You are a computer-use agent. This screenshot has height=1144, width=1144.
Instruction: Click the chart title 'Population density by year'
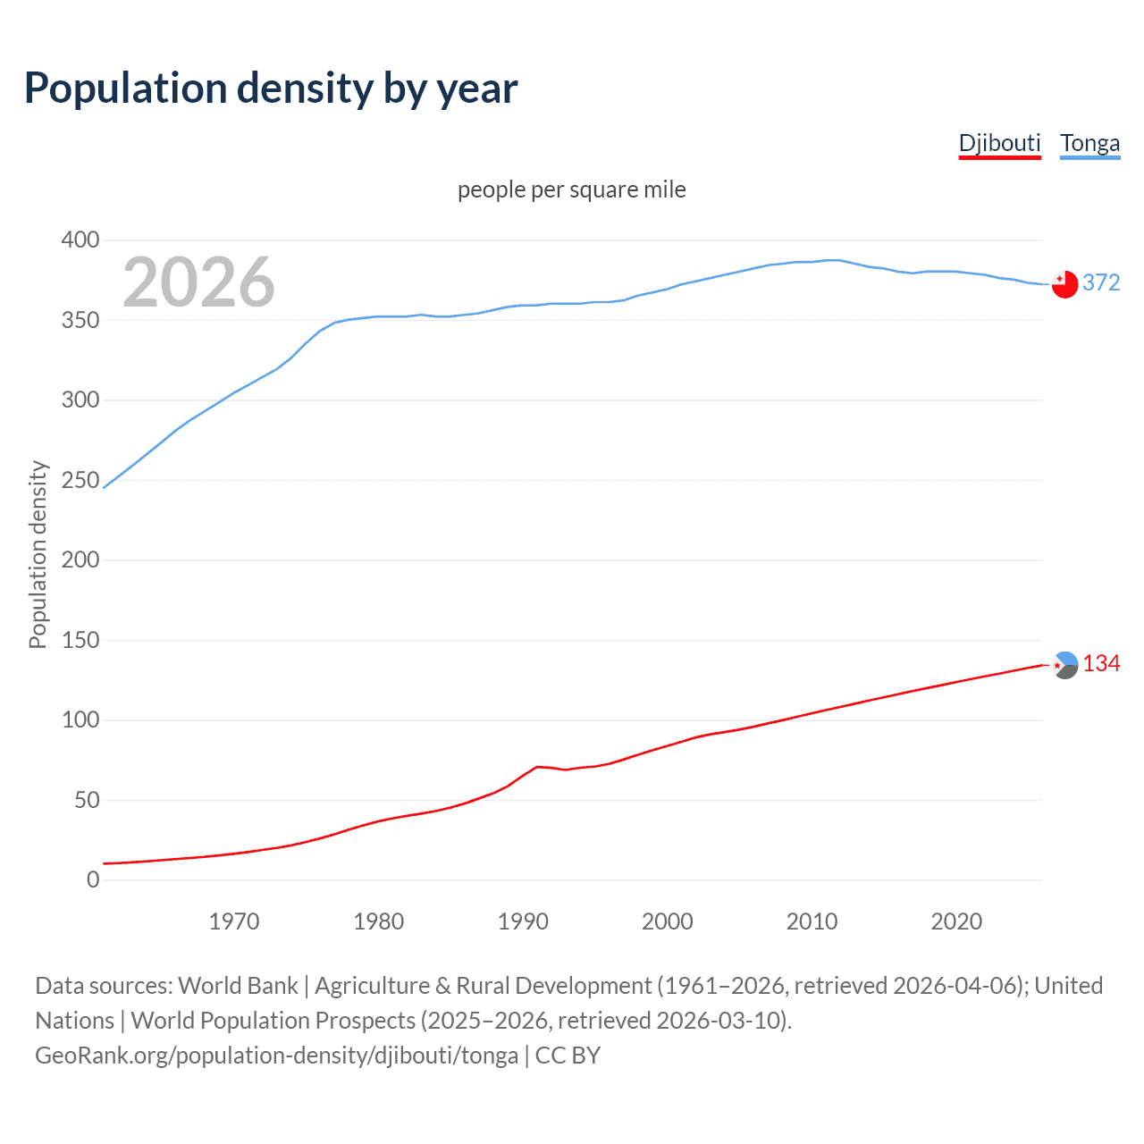click(x=271, y=88)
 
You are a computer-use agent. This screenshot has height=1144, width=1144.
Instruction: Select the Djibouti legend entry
click(x=999, y=143)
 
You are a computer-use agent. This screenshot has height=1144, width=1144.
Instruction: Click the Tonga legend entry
click(x=1089, y=143)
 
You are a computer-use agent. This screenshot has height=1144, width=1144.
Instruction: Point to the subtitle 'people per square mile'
click(x=571, y=189)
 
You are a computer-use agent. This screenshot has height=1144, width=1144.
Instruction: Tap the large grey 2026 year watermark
click(x=198, y=282)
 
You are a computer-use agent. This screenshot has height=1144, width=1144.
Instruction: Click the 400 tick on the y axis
click(x=80, y=240)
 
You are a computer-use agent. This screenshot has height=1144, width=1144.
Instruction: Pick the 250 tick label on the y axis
click(x=80, y=480)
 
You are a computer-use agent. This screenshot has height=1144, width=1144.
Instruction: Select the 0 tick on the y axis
click(x=93, y=879)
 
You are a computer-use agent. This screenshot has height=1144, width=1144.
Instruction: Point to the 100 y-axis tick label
click(x=80, y=719)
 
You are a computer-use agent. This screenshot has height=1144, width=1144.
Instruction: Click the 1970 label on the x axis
click(x=234, y=921)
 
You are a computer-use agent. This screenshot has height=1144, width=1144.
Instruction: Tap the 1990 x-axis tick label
click(x=523, y=921)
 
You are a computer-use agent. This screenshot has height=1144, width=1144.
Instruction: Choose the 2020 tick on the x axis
click(x=956, y=921)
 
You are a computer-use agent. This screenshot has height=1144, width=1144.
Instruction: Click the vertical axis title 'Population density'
click(x=38, y=554)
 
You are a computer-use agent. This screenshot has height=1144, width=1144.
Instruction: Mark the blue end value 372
click(x=1101, y=282)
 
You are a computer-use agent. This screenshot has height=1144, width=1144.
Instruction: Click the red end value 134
click(x=1101, y=663)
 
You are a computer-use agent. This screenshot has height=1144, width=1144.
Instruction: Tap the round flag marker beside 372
click(x=1064, y=284)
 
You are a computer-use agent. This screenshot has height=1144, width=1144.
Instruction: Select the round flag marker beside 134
click(x=1064, y=665)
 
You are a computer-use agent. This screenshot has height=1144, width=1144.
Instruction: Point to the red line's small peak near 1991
click(x=537, y=767)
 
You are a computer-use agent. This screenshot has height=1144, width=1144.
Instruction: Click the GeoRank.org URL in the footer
click(x=276, y=1056)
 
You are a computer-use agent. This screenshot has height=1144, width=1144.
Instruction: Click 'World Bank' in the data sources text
click(x=238, y=986)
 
